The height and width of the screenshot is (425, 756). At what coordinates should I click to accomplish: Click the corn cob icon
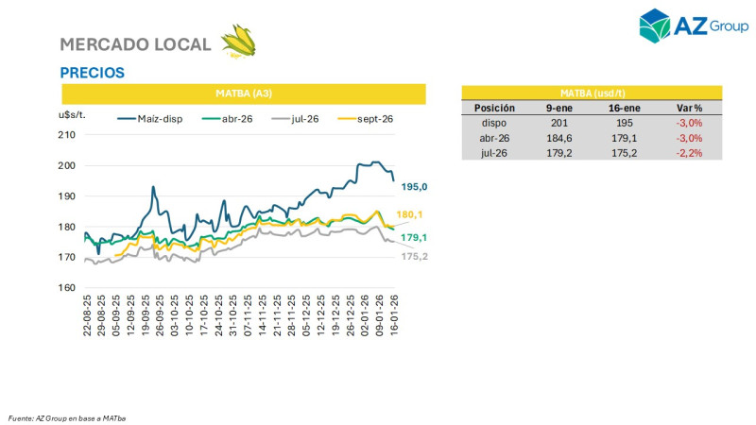point(238,42)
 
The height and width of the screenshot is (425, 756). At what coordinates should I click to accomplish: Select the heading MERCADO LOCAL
point(135,44)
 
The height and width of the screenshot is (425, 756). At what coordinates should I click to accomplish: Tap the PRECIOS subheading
point(92,73)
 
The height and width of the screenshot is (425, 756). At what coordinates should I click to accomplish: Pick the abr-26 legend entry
point(236,118)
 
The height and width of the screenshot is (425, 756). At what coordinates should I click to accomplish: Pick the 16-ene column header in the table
point(623,108)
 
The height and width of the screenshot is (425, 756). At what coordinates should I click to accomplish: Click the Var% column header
point(690,108)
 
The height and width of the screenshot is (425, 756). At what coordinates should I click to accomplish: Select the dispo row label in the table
point(494,122)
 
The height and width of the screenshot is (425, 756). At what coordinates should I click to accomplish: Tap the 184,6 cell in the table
point(558,137)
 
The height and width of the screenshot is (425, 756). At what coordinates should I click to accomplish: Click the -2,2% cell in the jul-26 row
point(690,152)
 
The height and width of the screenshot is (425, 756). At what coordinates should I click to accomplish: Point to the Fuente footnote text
point(67,417)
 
